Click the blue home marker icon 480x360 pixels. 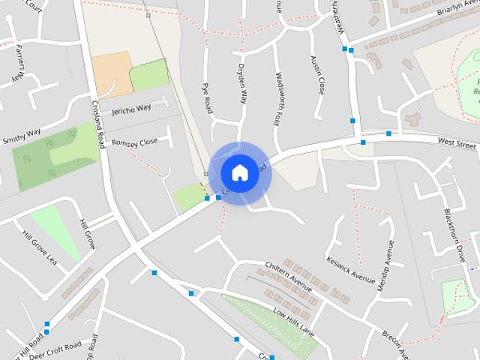pyautogui.click(x=239, y=173)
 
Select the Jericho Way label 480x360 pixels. pyautogui.click(x=131, y=110)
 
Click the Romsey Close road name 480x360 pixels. pyautogui.click(x=135, y=142)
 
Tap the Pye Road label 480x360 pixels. pyautogui.click(x=208, y=98)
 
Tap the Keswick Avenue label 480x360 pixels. pyautogui.click(x=350, y=271)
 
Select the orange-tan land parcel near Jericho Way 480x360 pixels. pyautogui.click(x=110, y=75)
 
